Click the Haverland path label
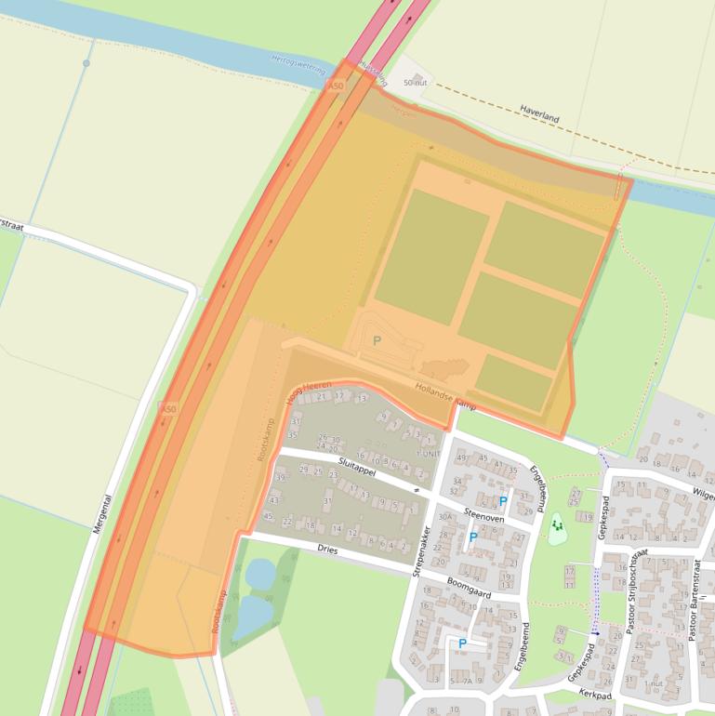(539, 118)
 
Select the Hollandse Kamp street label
(445, 397)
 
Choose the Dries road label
(325, 550)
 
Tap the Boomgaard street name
(469, 588)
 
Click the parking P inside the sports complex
(377, 341)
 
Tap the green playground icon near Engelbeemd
(557, 526)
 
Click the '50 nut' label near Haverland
(414, 83)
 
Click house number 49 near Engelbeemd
(461, 457)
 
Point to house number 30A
(445, 517)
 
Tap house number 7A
(467, 681)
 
